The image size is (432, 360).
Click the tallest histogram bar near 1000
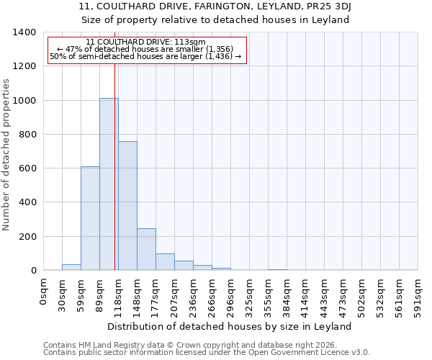point(109,184)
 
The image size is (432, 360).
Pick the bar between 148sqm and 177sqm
point(146,249)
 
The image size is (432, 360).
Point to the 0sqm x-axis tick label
point(44,294)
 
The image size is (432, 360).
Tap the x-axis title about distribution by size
point(230,326)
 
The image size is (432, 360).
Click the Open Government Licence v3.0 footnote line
point(207,353)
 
